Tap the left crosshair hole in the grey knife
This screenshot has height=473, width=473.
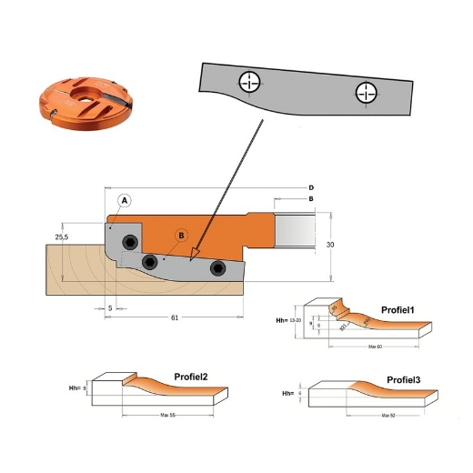[247, 83]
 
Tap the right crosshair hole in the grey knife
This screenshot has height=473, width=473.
[366, 92]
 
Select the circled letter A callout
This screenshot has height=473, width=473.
[125, 200]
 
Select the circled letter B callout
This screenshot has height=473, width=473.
[181, 236]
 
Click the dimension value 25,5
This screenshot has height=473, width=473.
[63, 236]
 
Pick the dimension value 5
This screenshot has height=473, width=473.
[109, 307]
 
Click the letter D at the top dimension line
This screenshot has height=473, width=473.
[311, 187]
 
